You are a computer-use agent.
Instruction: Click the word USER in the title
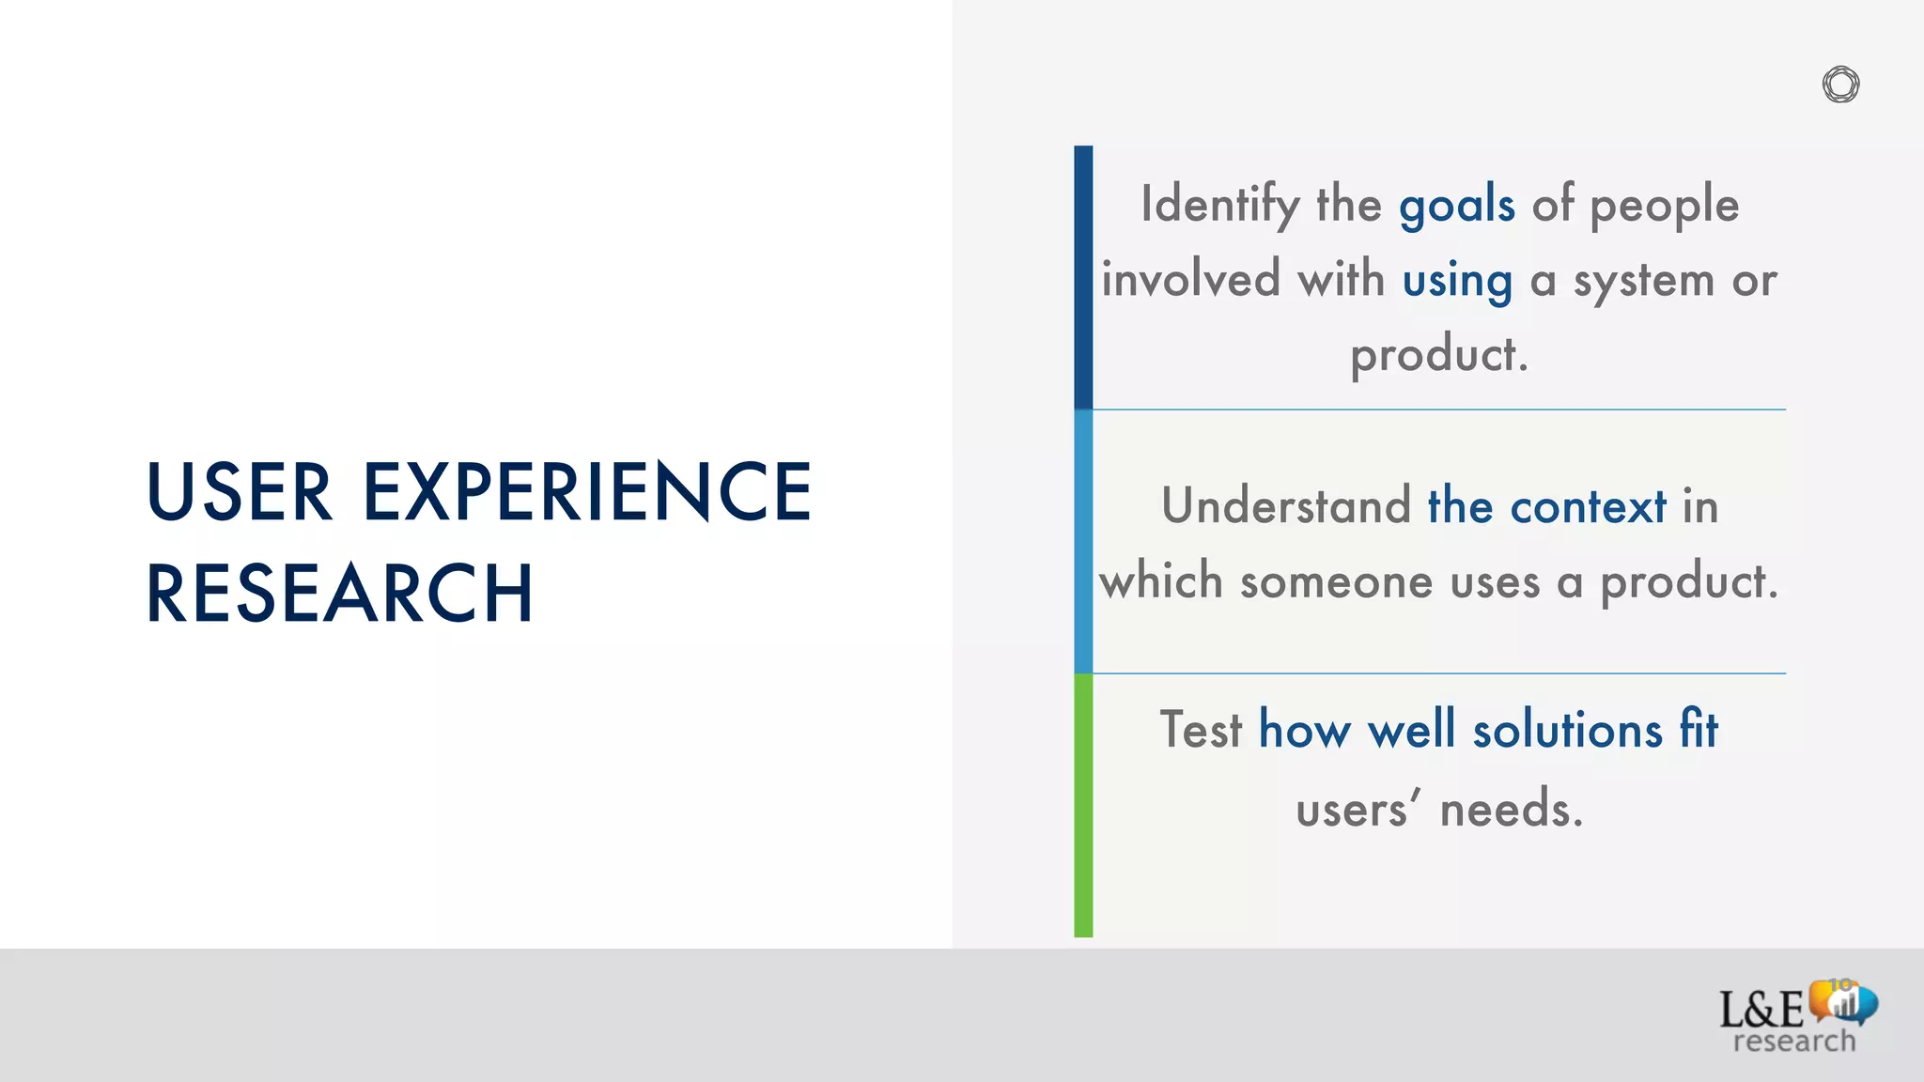point(240,491)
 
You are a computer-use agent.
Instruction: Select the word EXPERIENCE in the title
point(587,491)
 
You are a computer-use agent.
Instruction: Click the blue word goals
point(1456,205)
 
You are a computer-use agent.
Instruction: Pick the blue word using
point(1457,281)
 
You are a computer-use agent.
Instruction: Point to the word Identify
point(1220,205)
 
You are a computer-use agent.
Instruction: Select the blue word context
point(1588,506)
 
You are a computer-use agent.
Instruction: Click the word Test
point(1201,730)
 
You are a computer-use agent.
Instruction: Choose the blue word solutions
point(1567,730)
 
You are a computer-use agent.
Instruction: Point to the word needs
point(1511,809)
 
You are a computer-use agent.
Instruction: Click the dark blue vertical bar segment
point(1083,277)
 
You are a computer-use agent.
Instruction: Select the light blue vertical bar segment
point(1083,542)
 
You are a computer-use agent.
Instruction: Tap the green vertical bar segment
point(1083,805)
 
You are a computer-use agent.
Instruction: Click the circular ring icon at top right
point(1840,85)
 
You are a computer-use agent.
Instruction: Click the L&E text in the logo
point(1761,1010)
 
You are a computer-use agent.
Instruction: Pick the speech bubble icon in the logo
point(1843,1002)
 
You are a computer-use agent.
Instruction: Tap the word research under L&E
point(1793,1041)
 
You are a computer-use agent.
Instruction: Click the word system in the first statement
point(1643,281)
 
